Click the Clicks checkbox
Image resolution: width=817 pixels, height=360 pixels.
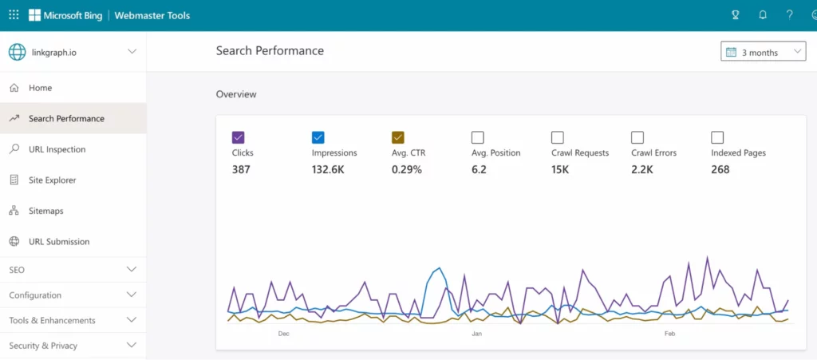pos(238,137)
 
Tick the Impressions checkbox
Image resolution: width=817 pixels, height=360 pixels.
pos(318,137)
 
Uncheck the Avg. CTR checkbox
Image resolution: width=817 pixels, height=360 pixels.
pos(398,137)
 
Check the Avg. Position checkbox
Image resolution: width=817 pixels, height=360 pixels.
pos(477,137)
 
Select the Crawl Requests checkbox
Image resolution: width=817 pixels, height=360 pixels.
pos(557,137)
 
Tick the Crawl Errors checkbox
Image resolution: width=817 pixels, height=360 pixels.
pos(637,137)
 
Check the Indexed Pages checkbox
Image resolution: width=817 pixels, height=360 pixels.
pos(716,137)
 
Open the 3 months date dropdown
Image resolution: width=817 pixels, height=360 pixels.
pos(763,53)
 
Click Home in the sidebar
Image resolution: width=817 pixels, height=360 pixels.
pos(40,88)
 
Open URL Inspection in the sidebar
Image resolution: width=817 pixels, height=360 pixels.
pos(57,149)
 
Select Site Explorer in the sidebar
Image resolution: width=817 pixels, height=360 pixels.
pos(52,180)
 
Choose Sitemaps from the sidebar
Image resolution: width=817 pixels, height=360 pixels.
pos(45,211)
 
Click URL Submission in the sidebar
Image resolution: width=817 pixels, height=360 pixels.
pos(59,242)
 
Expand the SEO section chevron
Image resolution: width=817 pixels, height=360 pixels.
pos(132,270)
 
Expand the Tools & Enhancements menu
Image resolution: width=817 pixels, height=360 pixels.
pos(132,320)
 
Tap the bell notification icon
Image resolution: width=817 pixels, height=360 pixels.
pos(763,15)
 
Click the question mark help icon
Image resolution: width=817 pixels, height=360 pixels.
pos(789,15)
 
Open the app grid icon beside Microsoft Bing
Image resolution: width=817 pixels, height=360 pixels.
pos(14,15)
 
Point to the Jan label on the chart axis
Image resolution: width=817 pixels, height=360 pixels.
pos(477,334)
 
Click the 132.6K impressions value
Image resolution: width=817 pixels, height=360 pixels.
pos(328,169)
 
